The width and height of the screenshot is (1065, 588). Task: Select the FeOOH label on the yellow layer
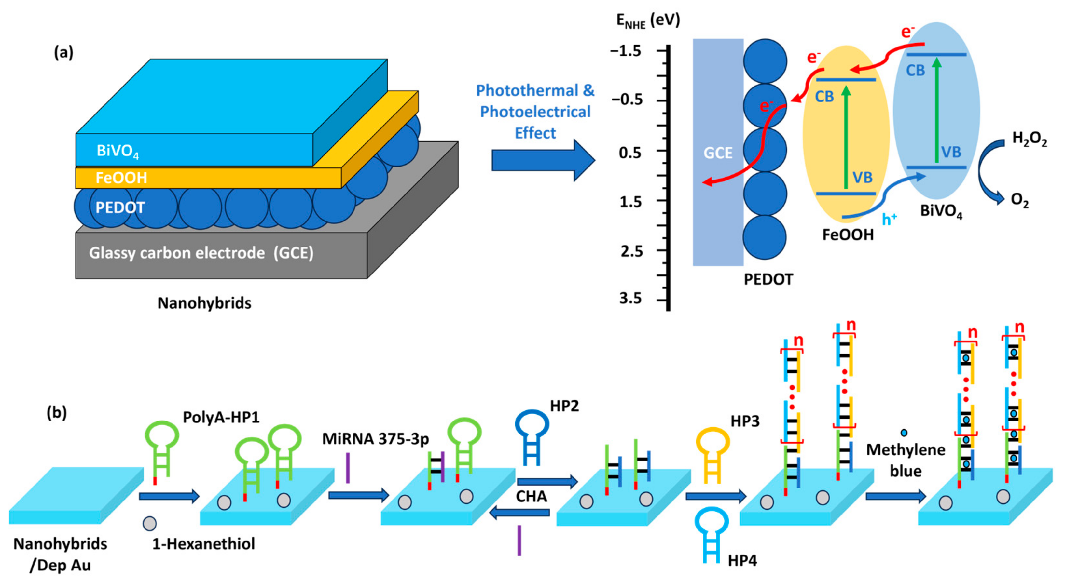click(121, 178)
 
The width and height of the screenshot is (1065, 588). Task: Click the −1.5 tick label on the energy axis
click(626, 51)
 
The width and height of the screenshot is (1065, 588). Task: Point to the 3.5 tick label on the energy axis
click(630, 298)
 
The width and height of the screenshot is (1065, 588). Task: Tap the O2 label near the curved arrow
click(1019, 201)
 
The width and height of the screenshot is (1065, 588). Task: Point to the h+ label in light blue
click(889, 219)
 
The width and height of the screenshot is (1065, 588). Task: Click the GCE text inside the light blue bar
click(718, 153)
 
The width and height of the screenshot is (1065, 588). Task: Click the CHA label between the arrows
click(531, 496)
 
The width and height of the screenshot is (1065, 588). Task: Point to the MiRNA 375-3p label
click(375, 438)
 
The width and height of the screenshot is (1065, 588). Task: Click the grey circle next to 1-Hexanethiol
click(149, 524)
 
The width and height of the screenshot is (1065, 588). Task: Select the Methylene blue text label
click(906, 460)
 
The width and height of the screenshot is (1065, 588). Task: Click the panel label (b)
click(57, 412)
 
